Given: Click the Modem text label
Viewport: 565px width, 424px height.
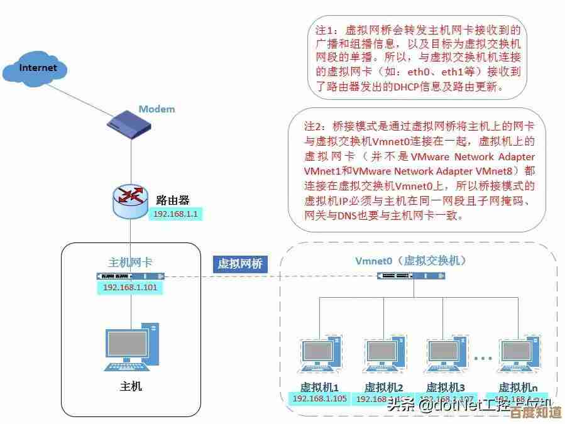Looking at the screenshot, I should (156, 109).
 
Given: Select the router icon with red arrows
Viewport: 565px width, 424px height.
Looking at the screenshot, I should (130, 200).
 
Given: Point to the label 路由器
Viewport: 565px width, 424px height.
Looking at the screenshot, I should (172, 200).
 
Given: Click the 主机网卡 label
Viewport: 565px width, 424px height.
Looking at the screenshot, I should (130, 262).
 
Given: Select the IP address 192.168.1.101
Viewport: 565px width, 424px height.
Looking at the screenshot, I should (130, 287).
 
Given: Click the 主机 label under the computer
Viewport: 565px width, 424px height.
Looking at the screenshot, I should (131, 386).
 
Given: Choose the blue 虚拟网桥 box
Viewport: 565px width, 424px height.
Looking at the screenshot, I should (239, 264).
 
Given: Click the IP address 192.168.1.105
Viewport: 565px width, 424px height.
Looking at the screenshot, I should (320, 399).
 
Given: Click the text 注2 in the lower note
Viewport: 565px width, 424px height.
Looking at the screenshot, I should (312, 125).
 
